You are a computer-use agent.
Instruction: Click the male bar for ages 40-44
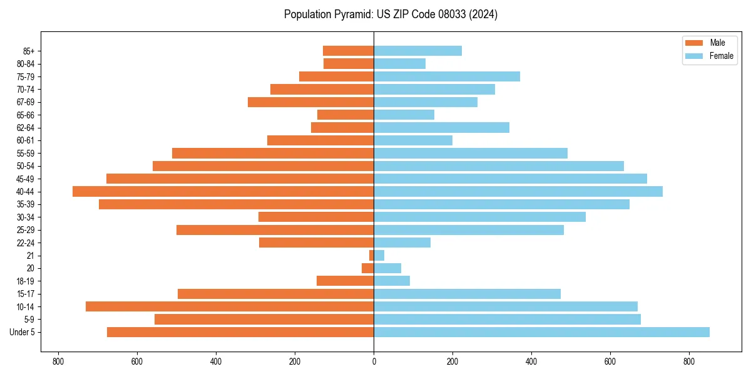[x=223, y=192]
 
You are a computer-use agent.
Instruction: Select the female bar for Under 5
[x=541, y=332]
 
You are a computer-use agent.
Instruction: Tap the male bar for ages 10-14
[x=230, y=306]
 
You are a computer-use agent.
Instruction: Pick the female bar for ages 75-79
[x=447, y=76]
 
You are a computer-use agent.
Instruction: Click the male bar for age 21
[x=371, y=256]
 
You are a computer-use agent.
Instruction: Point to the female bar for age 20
[x=387, y=268]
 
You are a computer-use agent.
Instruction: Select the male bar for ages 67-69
[x=310, y=102]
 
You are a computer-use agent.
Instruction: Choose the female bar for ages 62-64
[x=441, y=128]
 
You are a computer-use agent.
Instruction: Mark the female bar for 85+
[x=417, y=51]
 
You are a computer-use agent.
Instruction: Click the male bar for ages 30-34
[x=316, y=217]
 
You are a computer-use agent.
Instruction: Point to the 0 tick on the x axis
[x=374, y=362]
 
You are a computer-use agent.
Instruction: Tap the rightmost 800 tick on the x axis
[x=689, y=362]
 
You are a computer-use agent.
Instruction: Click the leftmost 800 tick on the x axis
[x=58, y=362]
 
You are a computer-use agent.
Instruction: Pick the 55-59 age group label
[x=26, y=154]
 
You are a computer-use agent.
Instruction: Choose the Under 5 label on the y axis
[x=23, y=332]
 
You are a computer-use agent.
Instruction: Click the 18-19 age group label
[x=26, y=281]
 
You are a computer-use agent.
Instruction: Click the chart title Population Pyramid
[x=391, y=14]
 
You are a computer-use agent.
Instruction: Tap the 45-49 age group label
[x=26, y=179]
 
